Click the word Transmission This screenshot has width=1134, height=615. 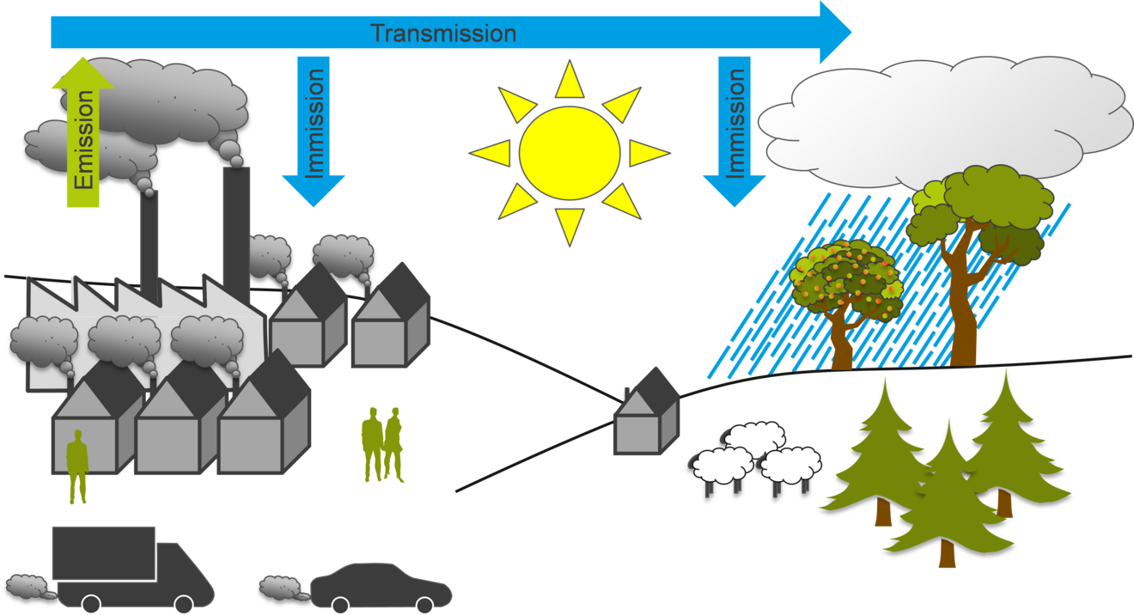442,33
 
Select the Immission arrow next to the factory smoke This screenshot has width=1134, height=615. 314,129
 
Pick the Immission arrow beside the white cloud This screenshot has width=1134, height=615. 735,129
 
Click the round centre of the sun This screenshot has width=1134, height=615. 569,153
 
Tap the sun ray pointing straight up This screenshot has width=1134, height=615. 569,80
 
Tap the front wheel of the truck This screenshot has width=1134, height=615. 183,604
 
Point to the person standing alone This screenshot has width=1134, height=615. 77,468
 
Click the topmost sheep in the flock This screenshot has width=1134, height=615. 750,438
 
